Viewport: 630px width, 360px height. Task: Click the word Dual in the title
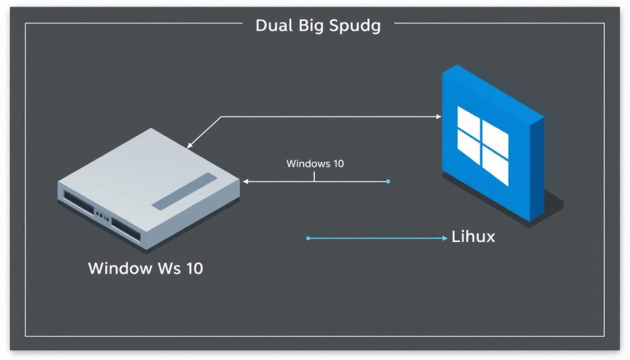(x=274, y=26)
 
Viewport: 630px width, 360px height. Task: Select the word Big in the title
(x=313, y=26)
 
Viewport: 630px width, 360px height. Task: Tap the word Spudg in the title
(x=355, y=26)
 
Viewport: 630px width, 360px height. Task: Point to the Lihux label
(x=473, y=236)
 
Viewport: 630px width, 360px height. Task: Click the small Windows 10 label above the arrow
(x=315, y=164)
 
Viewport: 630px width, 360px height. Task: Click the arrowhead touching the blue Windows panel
(x=438, y=116)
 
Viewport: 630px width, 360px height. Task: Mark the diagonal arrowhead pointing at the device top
(x=190, y=146)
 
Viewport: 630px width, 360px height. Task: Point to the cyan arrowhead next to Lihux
(x=444, y=238)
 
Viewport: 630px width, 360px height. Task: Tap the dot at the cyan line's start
(x=308, y=238)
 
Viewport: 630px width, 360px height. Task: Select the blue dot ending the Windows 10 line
(x=388, y=182)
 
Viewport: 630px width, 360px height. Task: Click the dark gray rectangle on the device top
(x=184, y=191)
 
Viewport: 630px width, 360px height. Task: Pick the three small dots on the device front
(x=102, y=216)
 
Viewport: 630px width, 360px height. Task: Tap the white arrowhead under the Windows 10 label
(x=246, y=182)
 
